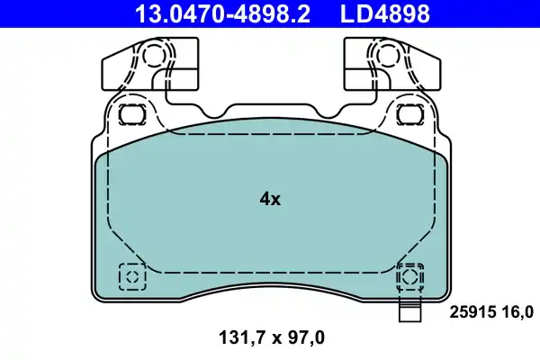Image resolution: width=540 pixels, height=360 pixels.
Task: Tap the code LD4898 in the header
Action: pos(383,13)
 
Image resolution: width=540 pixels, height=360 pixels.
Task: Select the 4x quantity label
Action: pos(270,200)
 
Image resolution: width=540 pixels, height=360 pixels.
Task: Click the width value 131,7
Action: pos(242,338)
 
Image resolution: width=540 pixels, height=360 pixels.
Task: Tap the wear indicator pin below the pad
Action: pos(409,311)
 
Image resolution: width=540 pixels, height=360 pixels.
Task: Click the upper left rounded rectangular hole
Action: pos(133,115)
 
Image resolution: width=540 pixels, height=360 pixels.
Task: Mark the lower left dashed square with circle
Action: pos(131,276)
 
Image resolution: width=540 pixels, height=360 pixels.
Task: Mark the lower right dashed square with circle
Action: pos(410,276)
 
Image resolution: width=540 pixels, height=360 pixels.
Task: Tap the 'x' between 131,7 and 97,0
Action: pos(273,338)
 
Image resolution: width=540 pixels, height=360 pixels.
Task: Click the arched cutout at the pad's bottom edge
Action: pos(270,290)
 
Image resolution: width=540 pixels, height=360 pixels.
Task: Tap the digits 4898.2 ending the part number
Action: pos(255,13)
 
